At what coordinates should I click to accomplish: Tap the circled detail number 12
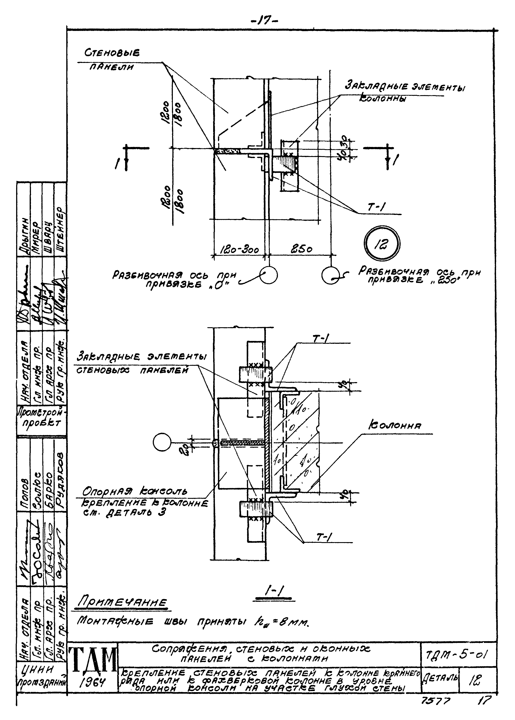coord(382,244)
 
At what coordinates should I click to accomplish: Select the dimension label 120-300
coord(240,250)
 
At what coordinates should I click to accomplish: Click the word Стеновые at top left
coord(112,53)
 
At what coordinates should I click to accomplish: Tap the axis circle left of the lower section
coord(162,443)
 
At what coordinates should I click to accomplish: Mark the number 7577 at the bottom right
coord(435,702)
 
